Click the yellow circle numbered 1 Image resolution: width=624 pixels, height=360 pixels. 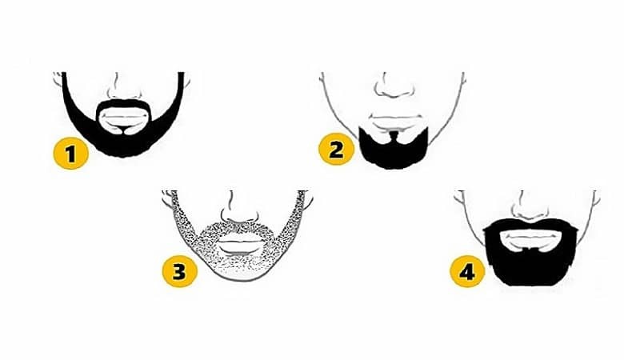72,154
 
